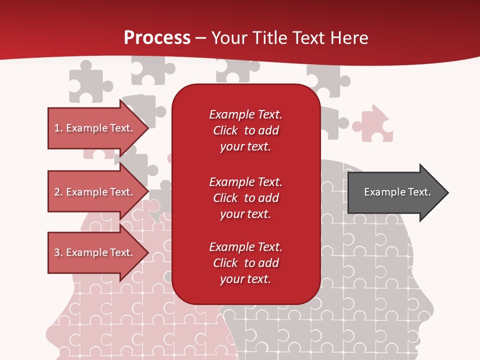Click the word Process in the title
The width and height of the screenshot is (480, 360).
click(x=157, y=38)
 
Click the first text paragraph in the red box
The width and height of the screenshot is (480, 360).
click(x=245, y=130)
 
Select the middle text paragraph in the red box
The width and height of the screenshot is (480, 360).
click(x=245, y=198)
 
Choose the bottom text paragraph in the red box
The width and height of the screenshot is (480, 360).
click(x=245, y=263)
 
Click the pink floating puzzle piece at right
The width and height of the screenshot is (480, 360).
click(x=374, y=124)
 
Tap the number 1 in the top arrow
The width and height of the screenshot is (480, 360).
click(x=57, y=128)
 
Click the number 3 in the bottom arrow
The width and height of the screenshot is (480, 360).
click(x=57, y=252)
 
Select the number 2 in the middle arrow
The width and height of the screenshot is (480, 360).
click(x=57, y=192)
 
